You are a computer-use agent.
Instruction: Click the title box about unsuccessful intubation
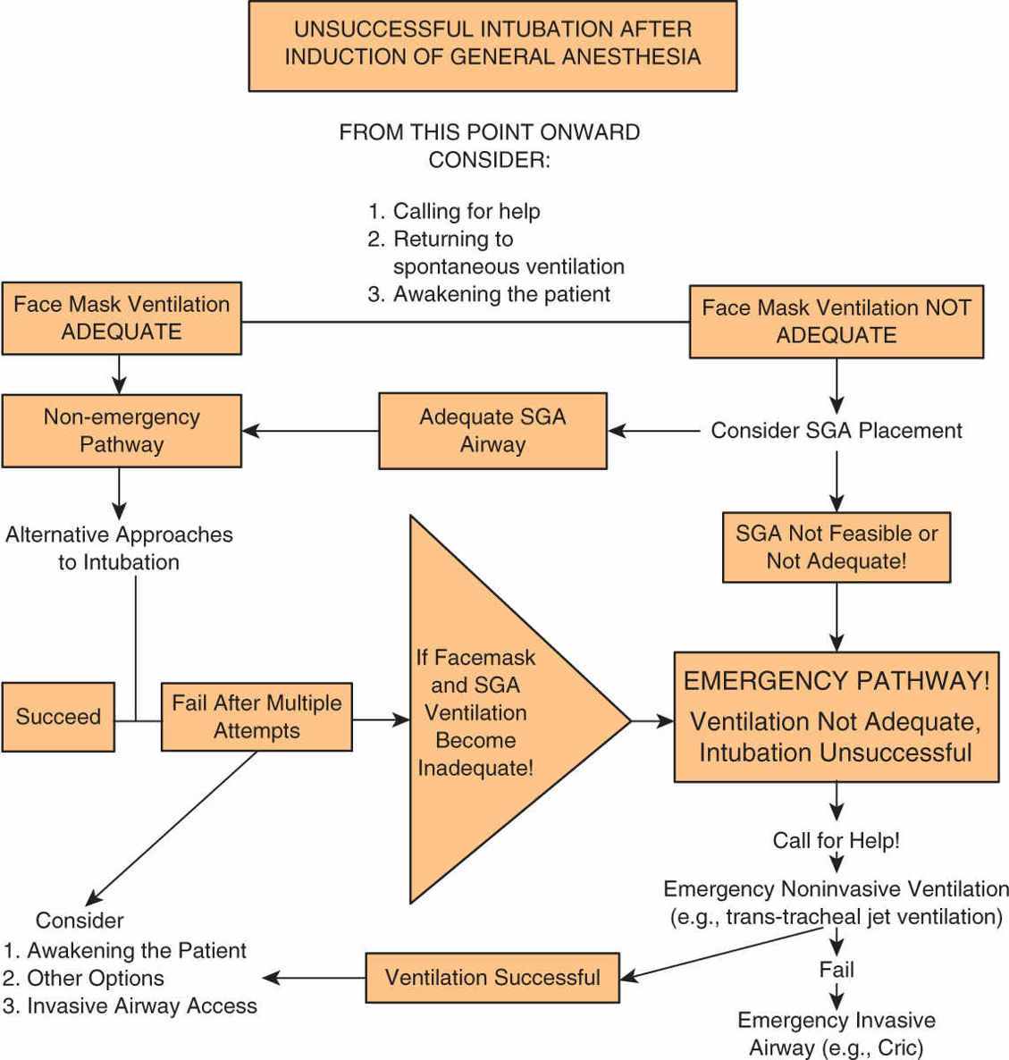(492, 46)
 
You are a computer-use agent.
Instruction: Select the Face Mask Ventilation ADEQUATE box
(122, 318)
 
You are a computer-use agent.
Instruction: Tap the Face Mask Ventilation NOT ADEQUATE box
(836, 322)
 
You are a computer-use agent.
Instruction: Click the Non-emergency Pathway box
(122, 431)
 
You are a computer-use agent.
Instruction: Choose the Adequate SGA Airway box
(492, 431)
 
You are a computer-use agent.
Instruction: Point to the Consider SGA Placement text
(836, 431)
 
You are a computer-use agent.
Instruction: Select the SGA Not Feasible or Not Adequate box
(836, 547)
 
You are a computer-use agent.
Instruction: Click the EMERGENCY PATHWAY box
(836, 717)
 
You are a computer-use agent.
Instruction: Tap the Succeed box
(58, 717)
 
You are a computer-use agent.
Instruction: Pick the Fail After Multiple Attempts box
(256, 717)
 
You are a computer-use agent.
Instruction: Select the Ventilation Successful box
(492, 978)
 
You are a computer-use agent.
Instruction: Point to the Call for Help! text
(836, 841)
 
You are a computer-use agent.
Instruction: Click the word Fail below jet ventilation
(836, 970)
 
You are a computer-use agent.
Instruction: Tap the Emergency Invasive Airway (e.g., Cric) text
(836, 1034)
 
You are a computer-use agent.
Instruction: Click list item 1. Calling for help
(454, 212)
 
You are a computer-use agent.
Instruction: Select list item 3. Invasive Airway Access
(130, 1006)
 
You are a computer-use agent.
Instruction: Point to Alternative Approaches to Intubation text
(119, 548)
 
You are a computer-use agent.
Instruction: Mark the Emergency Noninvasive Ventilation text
(836, 890)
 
